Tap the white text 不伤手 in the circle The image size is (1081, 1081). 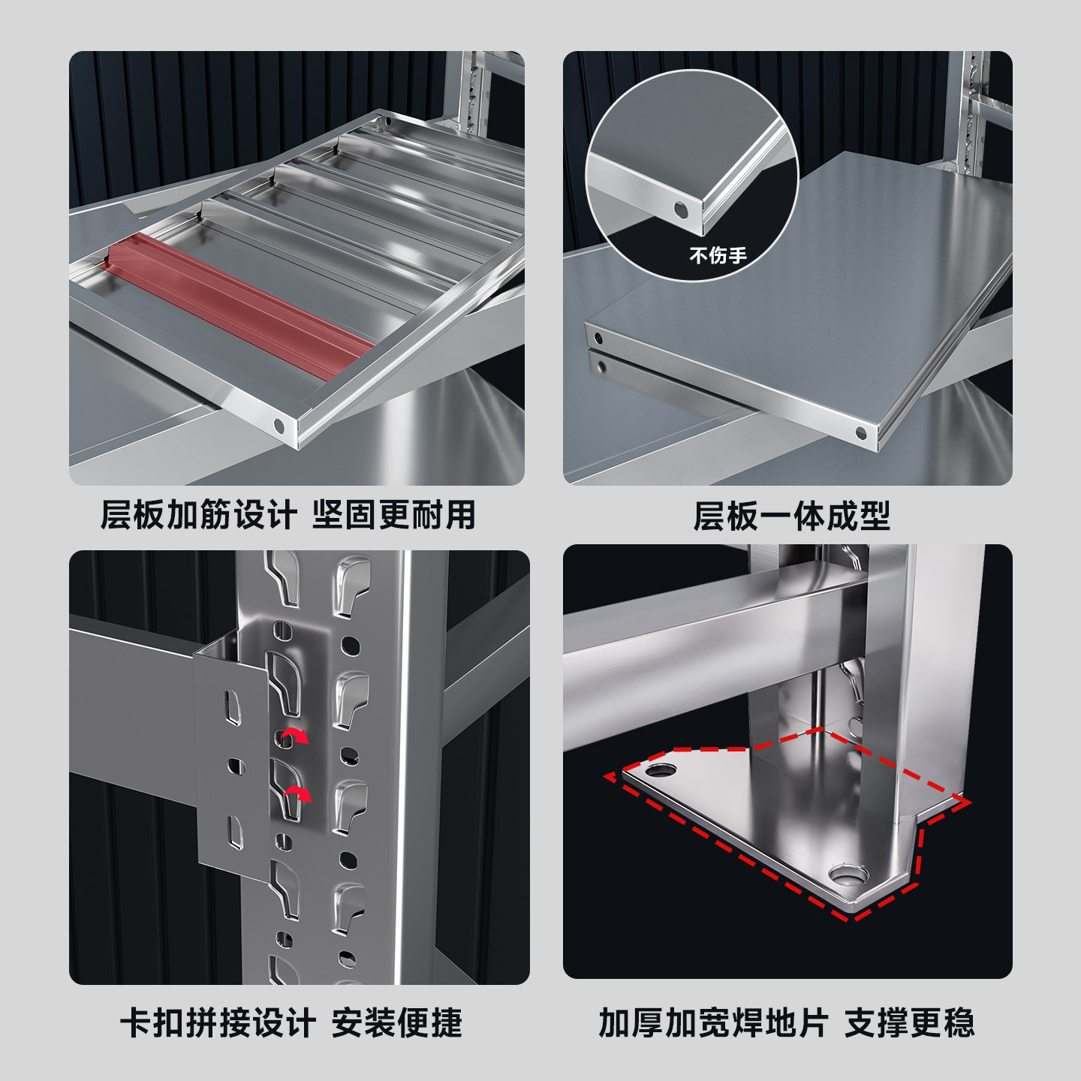click(x=718, y=256)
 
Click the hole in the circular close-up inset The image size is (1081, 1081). click(x=680, y=211)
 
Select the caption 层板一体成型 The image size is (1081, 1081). click(x=791, y=516)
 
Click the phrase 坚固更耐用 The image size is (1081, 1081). click(x=394, y=514)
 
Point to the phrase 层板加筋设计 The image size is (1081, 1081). click(x=199, y=514)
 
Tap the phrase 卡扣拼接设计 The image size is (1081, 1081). click(x=218, y=1022)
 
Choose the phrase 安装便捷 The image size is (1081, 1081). click(x=397, y=1022)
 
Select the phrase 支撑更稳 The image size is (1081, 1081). click(x=909, y=1022)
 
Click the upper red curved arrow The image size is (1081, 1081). click(x=295, y=735)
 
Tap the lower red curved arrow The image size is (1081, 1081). click(x=298, y=793)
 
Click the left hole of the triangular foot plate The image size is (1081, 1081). click(x=661, y=770)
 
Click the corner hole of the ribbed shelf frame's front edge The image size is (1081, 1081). click(x=279, y=426)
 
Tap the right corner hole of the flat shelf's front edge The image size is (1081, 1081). click(x=861, y=433)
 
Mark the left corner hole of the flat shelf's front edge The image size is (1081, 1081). click(x=598, y=339)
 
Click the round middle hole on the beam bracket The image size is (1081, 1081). click(x=236, y=766)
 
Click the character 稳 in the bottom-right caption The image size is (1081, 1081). click(x=959, y=1022)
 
